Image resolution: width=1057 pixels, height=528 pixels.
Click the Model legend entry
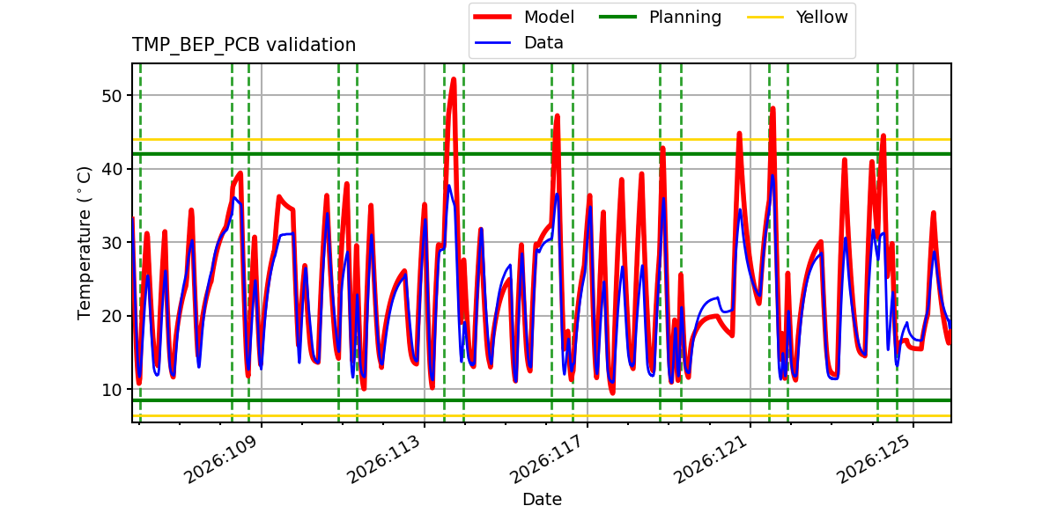(524, 17)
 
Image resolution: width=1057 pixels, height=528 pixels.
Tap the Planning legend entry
(660, 17)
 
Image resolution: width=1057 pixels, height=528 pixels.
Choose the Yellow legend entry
(797, 17)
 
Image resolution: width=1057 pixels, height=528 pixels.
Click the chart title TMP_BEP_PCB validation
(243, 45)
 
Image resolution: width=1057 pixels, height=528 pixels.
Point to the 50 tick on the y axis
(112, 96)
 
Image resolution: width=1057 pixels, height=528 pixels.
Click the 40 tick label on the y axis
(112, 169)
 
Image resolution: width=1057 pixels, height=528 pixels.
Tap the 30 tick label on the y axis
(112, 243)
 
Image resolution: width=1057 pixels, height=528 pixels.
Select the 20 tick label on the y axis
(112, 316)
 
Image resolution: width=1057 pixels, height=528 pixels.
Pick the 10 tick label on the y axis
(112, 390)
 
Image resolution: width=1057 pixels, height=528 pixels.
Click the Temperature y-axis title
(84, 243)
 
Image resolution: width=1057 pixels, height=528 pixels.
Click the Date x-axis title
(542, 499)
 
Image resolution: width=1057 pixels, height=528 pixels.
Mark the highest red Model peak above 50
(454, 79)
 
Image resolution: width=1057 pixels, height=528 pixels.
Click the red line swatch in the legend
(492, 17)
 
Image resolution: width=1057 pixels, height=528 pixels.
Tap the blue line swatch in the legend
(492, 43)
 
